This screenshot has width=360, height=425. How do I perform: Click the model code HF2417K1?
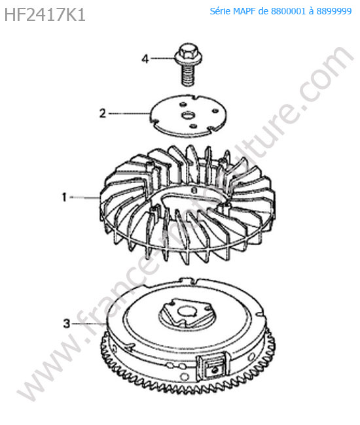(x=45, y=14)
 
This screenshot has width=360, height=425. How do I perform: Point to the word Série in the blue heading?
(x=220, y=11)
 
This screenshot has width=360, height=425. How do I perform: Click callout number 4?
(x=145, y=59)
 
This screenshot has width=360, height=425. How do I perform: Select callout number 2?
(x=103, y=113)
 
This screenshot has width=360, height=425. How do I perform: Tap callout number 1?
(x=64, y=197)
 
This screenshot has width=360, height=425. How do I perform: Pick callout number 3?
(x=67, y=324)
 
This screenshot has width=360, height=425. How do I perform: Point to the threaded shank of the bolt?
(x=188, y=76)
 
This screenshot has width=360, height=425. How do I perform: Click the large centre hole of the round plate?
(x=188, y=116)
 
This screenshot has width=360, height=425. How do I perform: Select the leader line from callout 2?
(x=130, y=114)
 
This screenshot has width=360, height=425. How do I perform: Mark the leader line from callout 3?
(x=89, y=324)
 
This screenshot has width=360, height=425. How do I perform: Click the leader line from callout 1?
(x=84, y=198)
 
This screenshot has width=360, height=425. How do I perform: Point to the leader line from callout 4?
(x=162, y=58)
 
